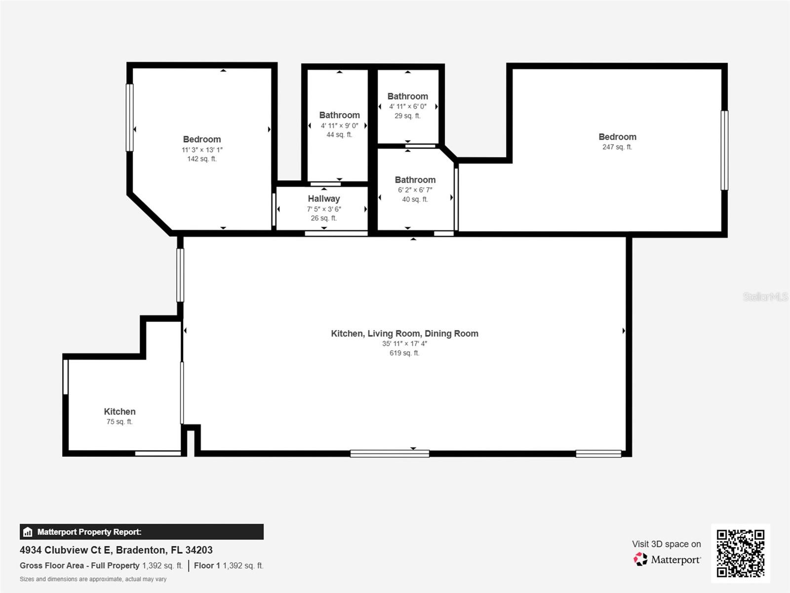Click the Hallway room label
pyautogui.click(x=324, y=199)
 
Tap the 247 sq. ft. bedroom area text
pyautogui.click(x=617, y=147)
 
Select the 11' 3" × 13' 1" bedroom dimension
pyautogui.click(x=202, y=150)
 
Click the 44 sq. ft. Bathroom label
pyautogui.click(x=339, y=115)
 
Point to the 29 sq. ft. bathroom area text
pyautogui.click(x=407, y=116)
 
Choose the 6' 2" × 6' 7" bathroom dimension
pyautogui.click(x=415, y=190)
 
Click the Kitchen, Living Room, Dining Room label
pyautogui.click(x=404, y=334)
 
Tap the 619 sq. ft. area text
pyautogui.click(x=404, y=353)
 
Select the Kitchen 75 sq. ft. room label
pyautogui.click(x=119, y=412)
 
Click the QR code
pyautogui.click(x=740, y=553)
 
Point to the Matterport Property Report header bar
pyautogui.click(x=141, y=532)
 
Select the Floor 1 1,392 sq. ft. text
pyautogui.click(x=229, y=565)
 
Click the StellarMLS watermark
pyautogui.click(x=765, y=296)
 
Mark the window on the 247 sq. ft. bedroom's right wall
pyautogui.click(x=724, y=150)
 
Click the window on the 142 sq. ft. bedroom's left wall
pyautogui.click(x=129, y=117)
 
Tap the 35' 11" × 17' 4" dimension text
pyautogui.click(x=404, y=343)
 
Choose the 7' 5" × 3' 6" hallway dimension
pyautogui.click(x=324, y=209)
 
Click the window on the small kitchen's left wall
pyautogui.click(x=65, y=377)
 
